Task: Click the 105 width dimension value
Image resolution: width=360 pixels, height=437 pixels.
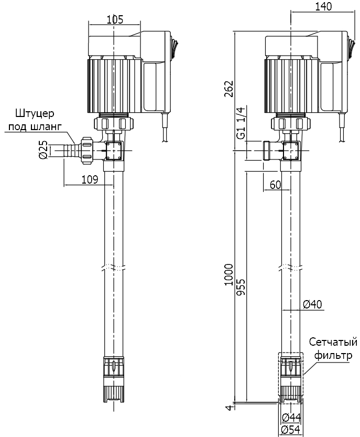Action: click(x=115, y=19)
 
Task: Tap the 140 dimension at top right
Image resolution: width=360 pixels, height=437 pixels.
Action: click(x=323, y=6)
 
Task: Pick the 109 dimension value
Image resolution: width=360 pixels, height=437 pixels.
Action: click(x=90, y=179)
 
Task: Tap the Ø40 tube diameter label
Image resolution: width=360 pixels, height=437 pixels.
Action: click(x=313, y=304)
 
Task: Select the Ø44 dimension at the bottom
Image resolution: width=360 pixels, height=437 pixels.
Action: click(x=291, y=418)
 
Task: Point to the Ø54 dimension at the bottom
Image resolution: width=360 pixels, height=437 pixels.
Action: click(x=291, y=430)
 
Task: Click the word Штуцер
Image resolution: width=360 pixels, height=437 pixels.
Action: click(x=35, y=113)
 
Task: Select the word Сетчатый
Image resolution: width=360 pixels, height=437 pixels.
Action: click(x=333, y=343)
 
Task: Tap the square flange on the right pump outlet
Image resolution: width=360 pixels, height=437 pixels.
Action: click(x=291, y=151)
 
